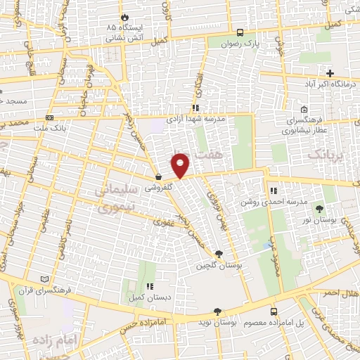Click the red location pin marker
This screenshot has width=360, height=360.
coord(181,165)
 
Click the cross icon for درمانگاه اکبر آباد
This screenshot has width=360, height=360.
coord(330,73)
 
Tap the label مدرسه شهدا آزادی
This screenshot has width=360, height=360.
coord(195,119)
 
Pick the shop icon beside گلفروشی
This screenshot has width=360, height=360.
coord(160,177)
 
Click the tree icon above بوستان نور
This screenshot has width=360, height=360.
coord(321,209)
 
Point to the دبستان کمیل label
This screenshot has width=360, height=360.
coord(149,297)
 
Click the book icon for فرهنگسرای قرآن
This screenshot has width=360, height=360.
coord(46,279)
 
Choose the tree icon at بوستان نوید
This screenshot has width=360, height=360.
coord(217,311)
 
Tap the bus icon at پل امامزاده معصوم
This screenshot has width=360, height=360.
coord(274,311)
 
